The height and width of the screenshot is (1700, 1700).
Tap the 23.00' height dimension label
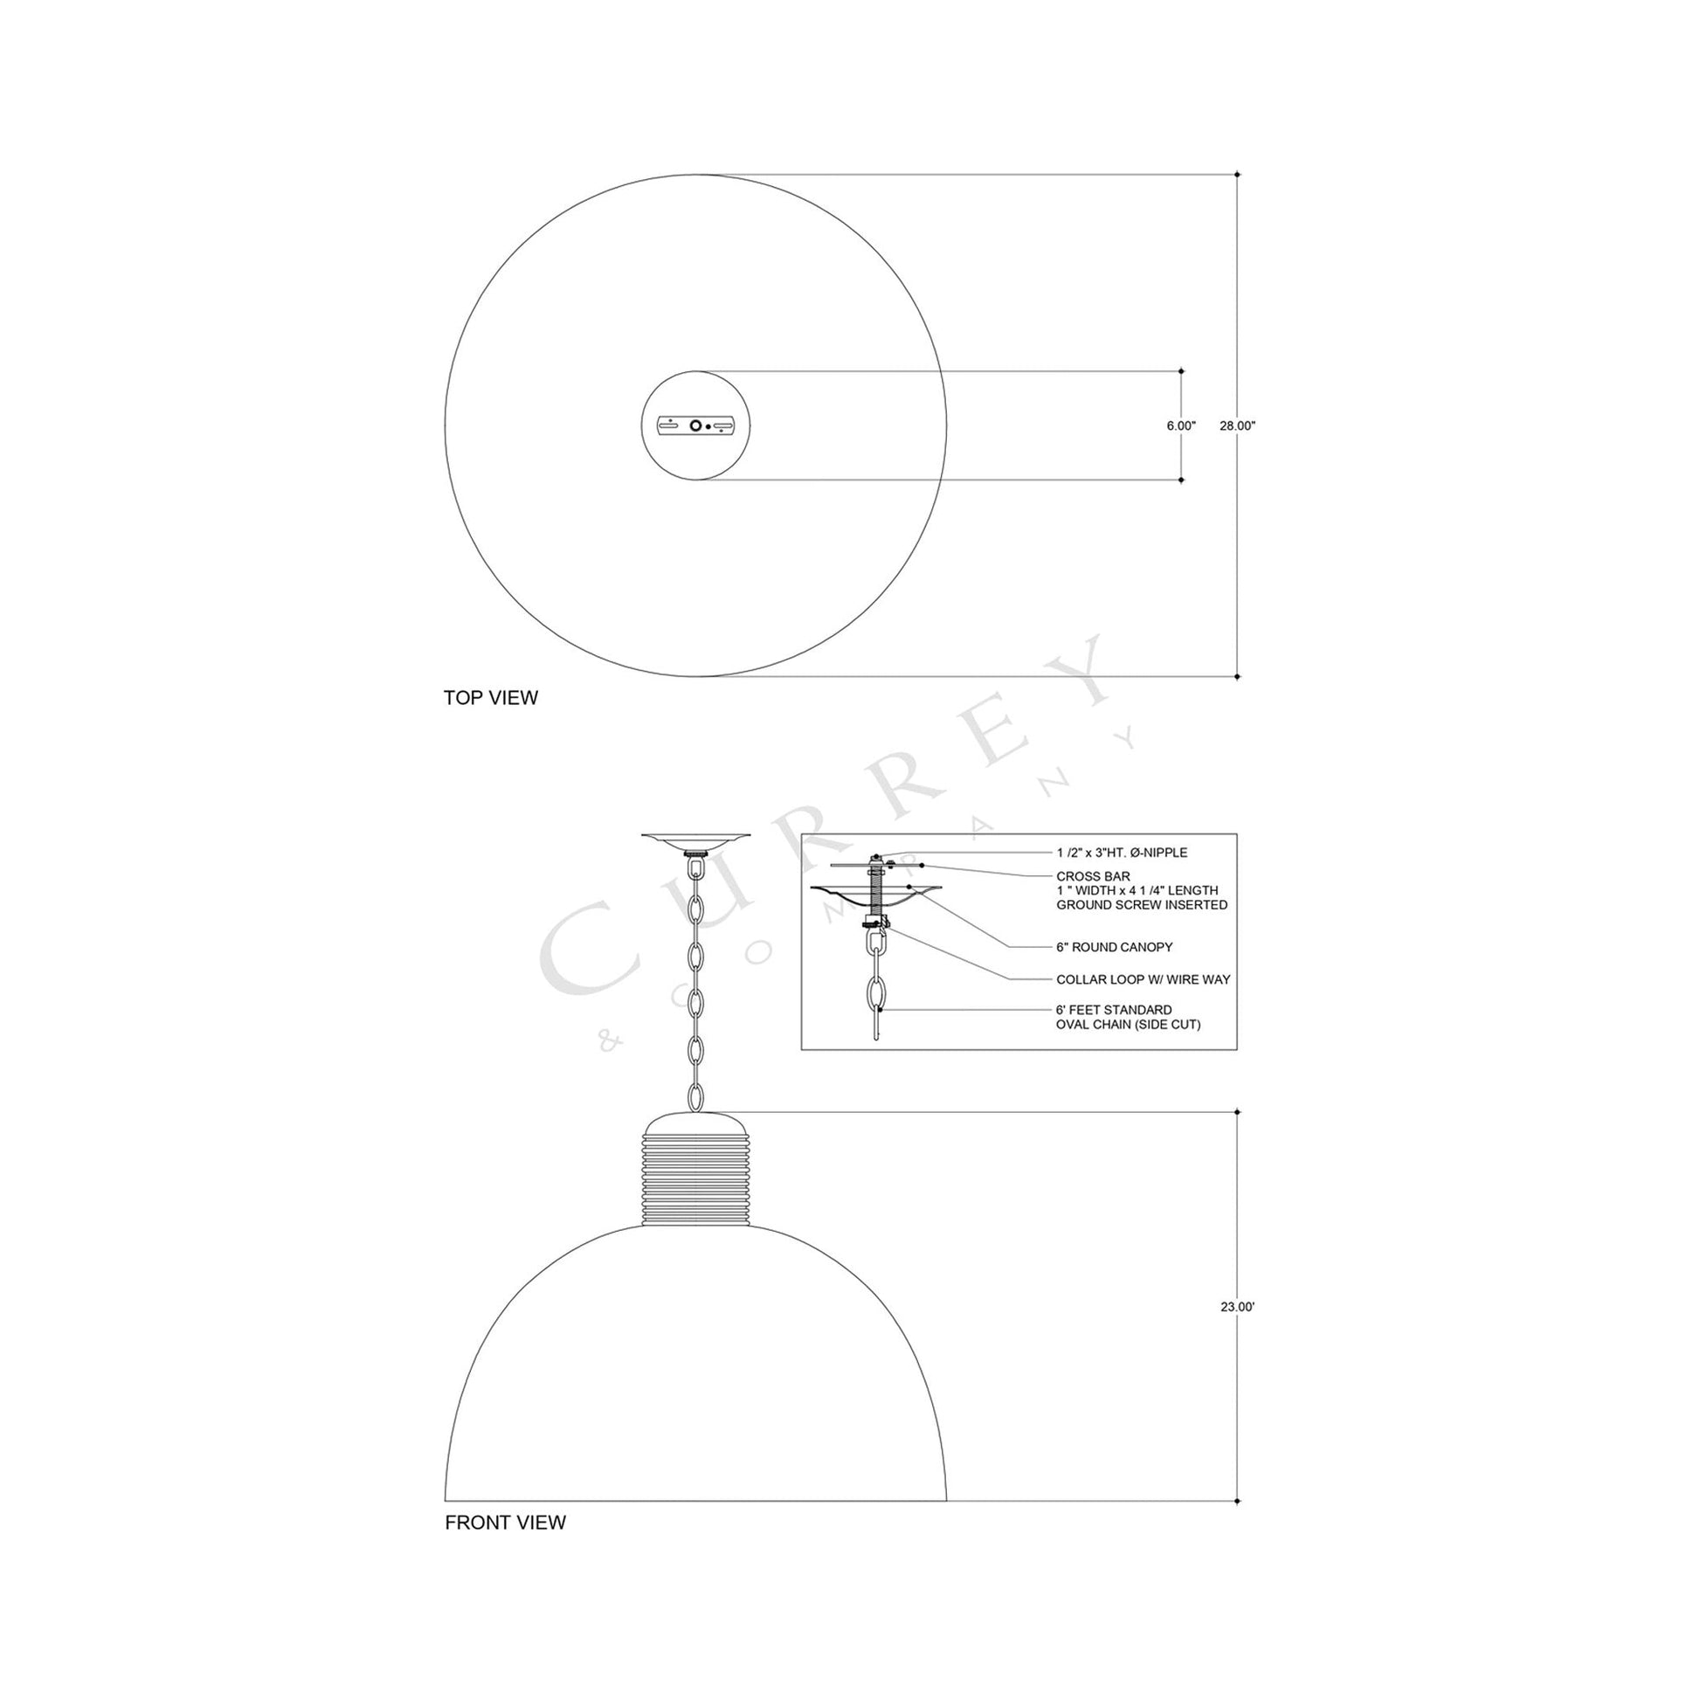click(1236, 1332)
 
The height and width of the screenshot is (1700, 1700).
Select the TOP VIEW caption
click(490, 698)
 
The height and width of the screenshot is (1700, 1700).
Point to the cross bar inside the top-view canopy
click(696, 426)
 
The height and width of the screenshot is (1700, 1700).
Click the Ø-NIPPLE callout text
click(1122, 853)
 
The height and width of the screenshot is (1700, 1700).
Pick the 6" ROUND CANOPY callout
click(1114, 948)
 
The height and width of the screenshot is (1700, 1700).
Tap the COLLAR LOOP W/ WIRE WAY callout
click(1143, 979)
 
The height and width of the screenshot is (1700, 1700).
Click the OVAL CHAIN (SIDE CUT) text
click(1128, 1025)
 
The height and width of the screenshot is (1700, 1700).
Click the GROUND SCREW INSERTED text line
click(1141, 904)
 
